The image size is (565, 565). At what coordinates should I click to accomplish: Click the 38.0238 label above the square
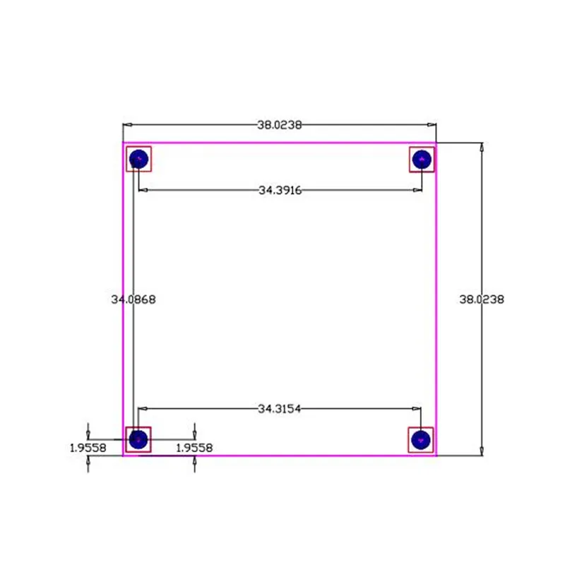pos(280,125)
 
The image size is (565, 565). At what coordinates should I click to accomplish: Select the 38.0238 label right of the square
pos(482,299)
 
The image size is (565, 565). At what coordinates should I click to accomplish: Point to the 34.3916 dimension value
pos(280,190)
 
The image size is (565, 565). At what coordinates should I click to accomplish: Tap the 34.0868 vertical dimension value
pos(133,299)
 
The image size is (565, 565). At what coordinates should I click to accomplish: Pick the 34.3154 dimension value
pos(280,408)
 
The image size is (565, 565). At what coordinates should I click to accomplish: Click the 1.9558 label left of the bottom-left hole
pos(88,447)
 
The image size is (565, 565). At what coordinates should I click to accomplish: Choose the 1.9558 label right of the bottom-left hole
pos(194,447)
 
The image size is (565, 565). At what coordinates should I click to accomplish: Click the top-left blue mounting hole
pos(139,159)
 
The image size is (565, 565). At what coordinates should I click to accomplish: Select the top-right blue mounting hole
pos(422,159)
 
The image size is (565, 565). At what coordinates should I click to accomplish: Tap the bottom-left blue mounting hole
pos(138,439)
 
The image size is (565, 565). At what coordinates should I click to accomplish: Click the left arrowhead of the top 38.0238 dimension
pos(127,125)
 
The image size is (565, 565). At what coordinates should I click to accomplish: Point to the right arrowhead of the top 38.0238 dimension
pos(432,125)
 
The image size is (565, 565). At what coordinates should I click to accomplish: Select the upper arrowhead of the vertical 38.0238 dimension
pos(482,148)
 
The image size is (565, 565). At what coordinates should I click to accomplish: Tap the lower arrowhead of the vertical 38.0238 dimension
pos(482,451)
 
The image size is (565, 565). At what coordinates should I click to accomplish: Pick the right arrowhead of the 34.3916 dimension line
pos(418,190)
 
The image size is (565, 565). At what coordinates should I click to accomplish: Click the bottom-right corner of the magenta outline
pos(436,456)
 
